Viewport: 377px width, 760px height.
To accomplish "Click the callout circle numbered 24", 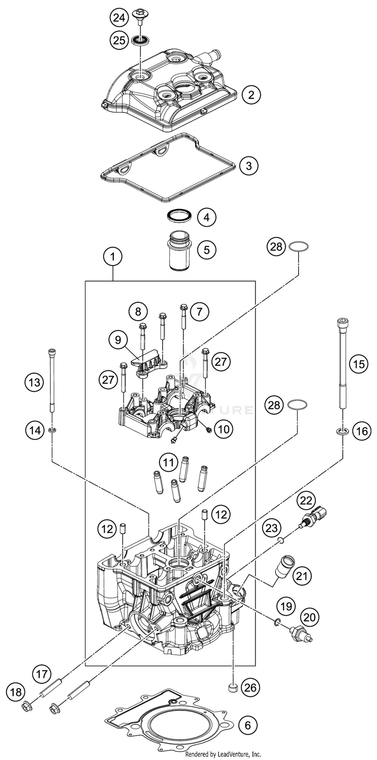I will click(x=119, y=18).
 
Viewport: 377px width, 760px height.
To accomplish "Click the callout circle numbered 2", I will click(x=251, y=95).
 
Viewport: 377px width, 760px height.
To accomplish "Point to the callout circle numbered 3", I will click(x=249, y=166).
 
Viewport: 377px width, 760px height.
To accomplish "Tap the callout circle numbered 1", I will click(x=113, y=257).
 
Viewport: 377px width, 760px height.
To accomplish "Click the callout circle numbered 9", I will click(x=118, y=340).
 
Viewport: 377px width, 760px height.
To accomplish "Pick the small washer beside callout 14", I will click(x=52, y=431).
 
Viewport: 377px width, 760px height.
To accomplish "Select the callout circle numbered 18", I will click(x=16, y=692).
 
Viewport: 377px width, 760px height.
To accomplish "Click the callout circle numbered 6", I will click(x=248, y=725).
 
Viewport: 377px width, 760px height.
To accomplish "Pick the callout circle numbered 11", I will click(x=168, y=462).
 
